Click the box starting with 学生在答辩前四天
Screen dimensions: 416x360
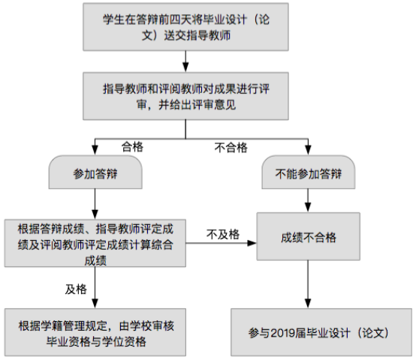(x=185, y=27)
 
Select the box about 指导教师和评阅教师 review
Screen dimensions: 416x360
(x=185, y=96)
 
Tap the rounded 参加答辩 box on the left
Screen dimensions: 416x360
(x=95, y=172)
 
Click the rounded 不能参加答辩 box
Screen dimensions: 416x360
(x=309, y=172)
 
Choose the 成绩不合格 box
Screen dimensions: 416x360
(x=309, y=236)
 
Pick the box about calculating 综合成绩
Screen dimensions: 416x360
(x=95, y=243)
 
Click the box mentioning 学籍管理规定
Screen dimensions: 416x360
(x=95, y=332)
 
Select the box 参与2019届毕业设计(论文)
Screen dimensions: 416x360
(x=321, y=332)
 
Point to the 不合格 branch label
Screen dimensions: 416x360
(x=231, y=148)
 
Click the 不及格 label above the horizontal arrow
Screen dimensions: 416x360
(x=223, y=235)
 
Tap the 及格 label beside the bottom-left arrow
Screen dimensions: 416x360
(x=76, y=289)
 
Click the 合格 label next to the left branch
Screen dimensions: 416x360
(x=132, y=147)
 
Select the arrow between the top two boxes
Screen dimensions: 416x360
(x=185, y=61)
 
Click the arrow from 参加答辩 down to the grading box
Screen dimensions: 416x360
(x=95, y=204)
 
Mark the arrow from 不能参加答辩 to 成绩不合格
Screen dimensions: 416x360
(x=308, y=200)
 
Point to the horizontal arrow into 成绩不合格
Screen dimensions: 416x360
(x=221, y=243)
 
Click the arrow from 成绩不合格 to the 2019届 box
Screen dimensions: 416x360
(x=308, y=284)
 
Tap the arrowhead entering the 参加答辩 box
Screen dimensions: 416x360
(x=95, y=151)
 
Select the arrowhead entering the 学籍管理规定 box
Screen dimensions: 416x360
(x=95, y=304)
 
